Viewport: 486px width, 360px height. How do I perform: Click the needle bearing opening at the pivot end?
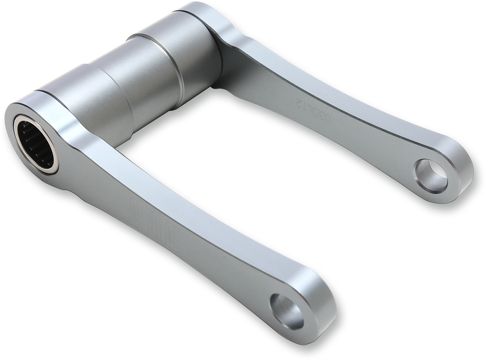pos(34,141)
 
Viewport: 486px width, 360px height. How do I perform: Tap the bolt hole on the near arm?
pos(287,311)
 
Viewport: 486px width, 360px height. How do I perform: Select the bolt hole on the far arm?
pos(431,176)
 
